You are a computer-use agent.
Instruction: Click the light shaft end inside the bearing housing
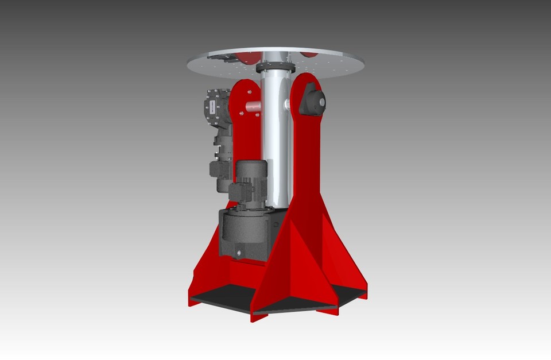[321, 103]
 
